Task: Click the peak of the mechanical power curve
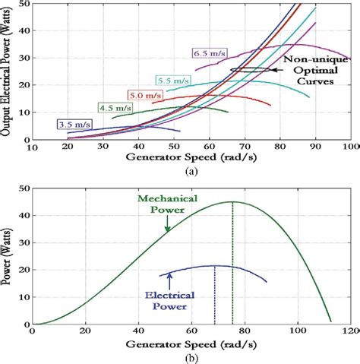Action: click(x=232, y=201)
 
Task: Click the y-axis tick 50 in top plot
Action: click(x=25, y=5)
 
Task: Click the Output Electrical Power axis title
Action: click(x=7, y=73)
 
